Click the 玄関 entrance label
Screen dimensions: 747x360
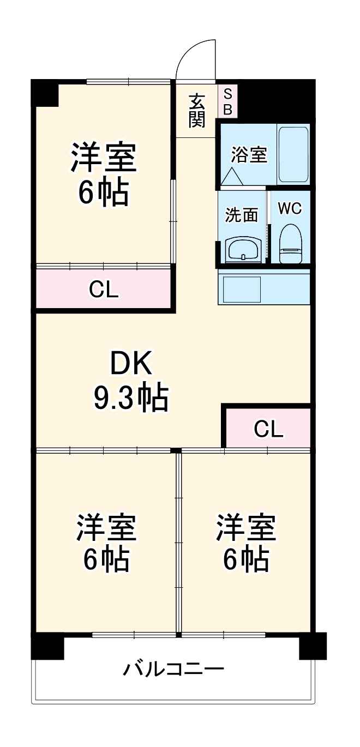tap(197, 111)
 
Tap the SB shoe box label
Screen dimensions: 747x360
tap(227, 101)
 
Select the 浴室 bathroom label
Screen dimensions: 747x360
tap(249, 154)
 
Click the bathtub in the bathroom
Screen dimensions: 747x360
tap(293, 155)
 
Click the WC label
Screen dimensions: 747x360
tap(290, 209)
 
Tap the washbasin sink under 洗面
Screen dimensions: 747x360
tap(243, 250)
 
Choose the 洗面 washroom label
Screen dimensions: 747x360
tap(242, 215)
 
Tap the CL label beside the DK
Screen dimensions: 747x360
tap(268, 429)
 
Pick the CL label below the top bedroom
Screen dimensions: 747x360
tap(104, 290)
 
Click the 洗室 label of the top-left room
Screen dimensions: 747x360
tap(103, 158)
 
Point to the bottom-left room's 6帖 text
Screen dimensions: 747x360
tap(106, 558)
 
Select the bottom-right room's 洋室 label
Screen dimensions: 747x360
tap(246, 527)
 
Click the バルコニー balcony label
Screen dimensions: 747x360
tap(173, 668)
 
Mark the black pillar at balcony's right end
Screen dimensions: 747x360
tap(313, 646)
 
